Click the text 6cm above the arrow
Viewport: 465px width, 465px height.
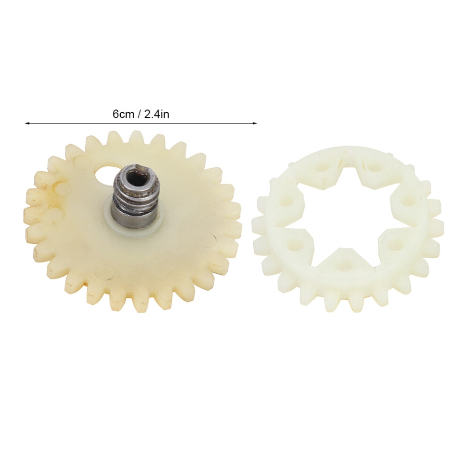click(x=123, y=114)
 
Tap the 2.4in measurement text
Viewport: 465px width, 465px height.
click(x=156, y=114)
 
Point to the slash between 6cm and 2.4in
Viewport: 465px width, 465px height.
click(x=139, y=114)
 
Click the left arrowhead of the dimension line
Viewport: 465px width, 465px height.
click(x=27, y=123)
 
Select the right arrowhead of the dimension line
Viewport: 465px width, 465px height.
click(x=255, y=123)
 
